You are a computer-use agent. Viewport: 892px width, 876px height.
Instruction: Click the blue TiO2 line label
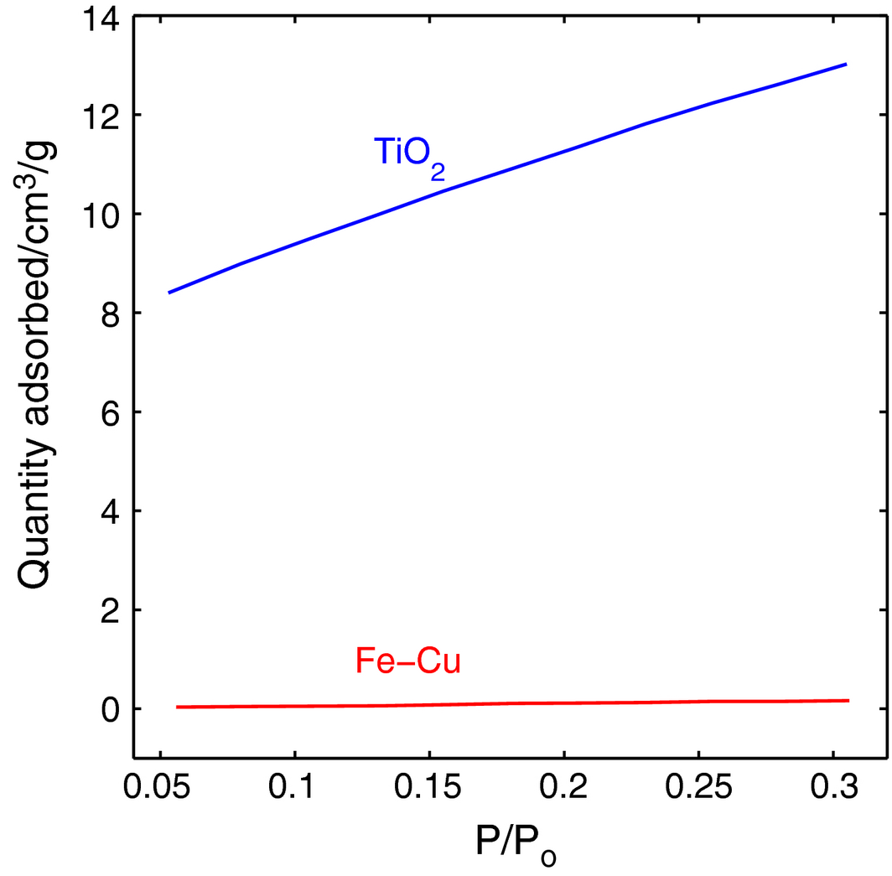pyautogui.click(x=408, y=154)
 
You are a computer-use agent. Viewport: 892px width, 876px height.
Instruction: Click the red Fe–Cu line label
pyautogui.click(x=408, y=661)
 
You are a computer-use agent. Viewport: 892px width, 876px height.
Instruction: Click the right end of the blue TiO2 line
pyautogui.click(x=846, y=64)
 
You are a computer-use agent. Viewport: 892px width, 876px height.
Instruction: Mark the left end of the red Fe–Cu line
pyautogui.click(x=177, y=707)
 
